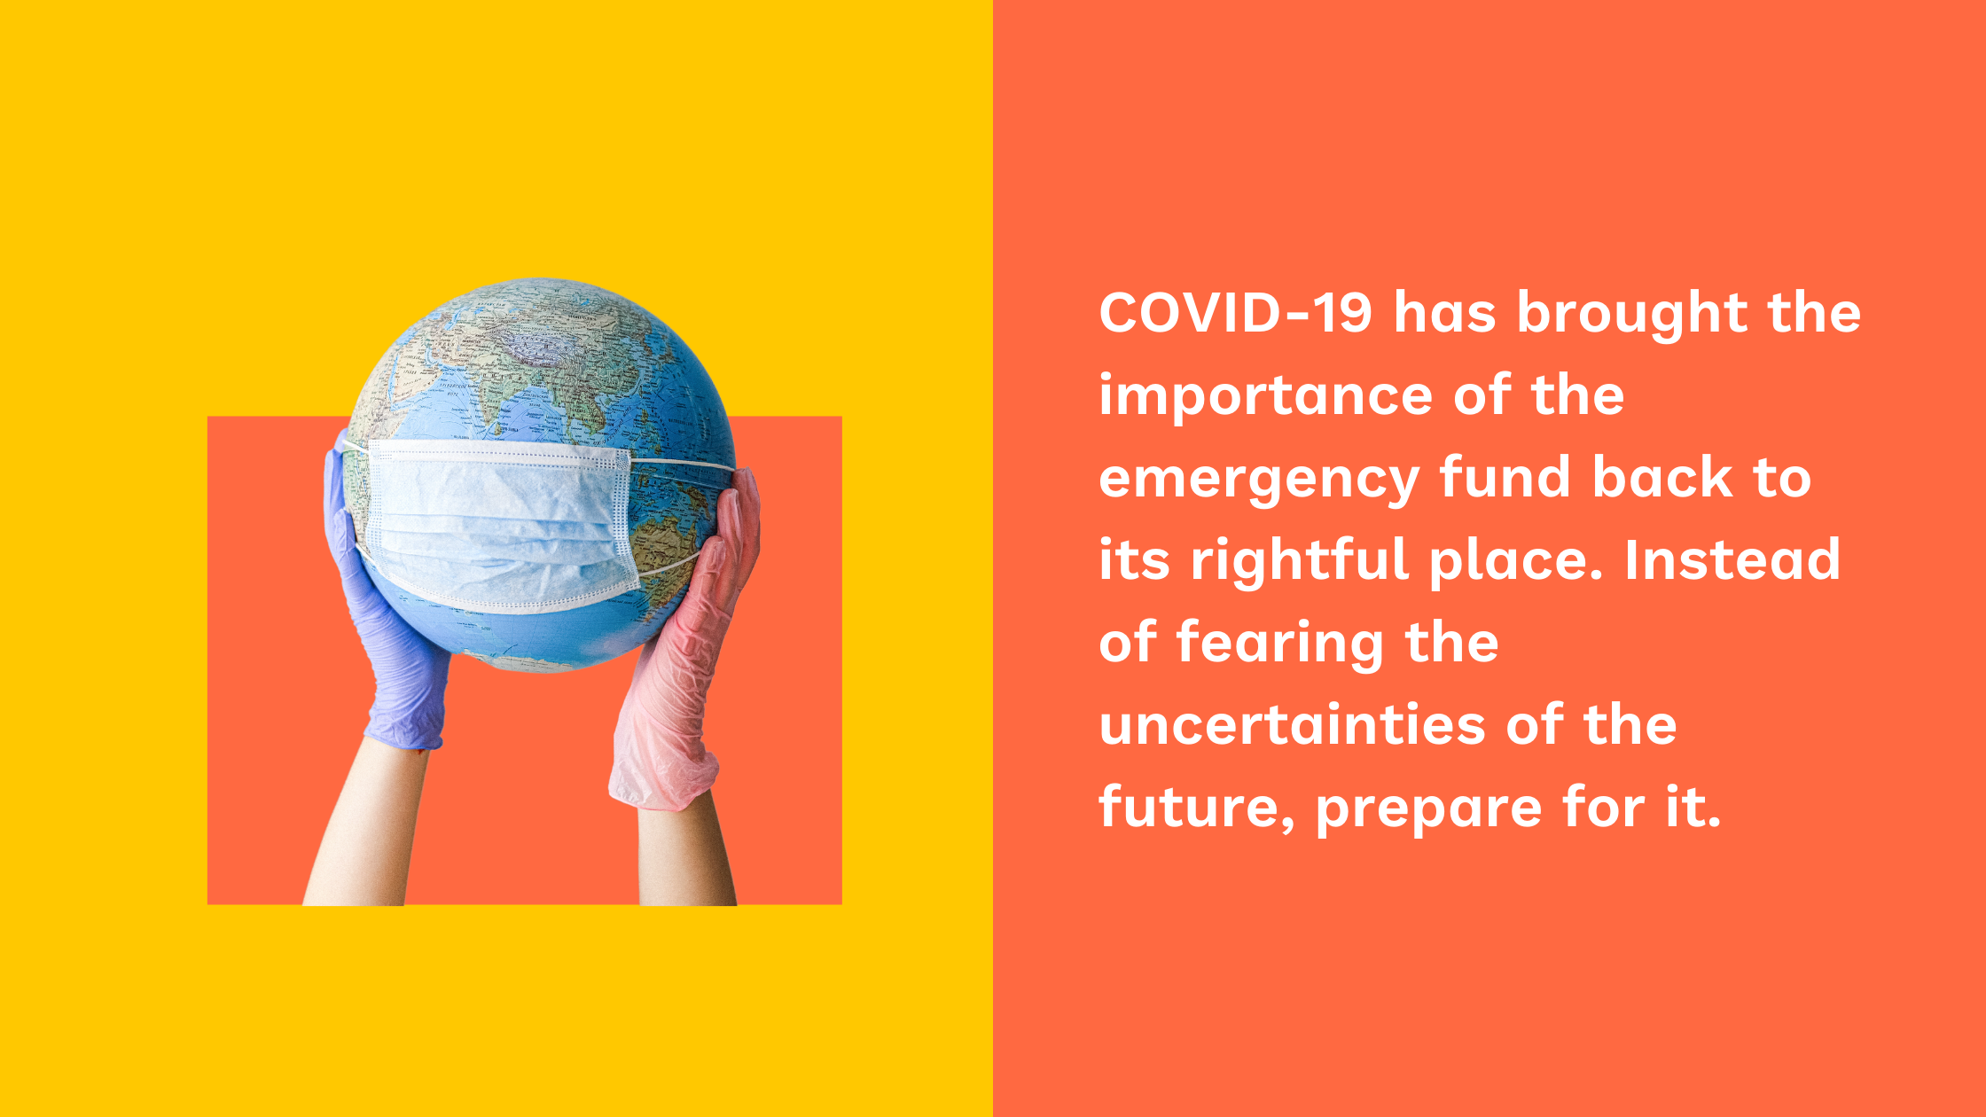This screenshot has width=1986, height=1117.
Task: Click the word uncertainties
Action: [x=1293, y=725]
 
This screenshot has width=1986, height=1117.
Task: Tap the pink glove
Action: [x=687, y=647]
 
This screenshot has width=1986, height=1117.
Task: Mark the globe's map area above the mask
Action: [x=541, y=363]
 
